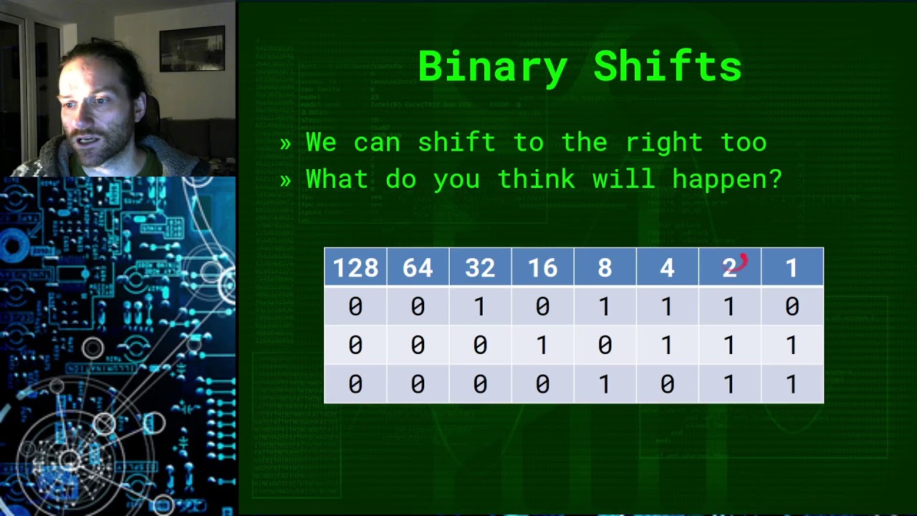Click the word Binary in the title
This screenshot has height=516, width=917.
[x=491, y=67]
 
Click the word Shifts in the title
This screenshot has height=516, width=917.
[x=668, y=67]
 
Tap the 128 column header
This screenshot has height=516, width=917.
[x=355, y=268]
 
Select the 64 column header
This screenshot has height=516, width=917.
[x=418, y=268]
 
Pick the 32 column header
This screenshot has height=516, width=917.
[x=480, y=268]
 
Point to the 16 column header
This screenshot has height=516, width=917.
[x=542, y=268]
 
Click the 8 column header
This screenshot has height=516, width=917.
[x=605, y=268]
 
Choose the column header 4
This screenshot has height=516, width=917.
[x=667, y=268]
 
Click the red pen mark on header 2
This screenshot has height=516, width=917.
[x=741, y=262]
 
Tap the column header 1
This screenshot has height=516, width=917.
[x=792, y=268]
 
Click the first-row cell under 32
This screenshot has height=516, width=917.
[x=480, y=307]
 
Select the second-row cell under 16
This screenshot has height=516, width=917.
[x=542, y=345]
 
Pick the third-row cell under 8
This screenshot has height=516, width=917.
[x=605, y=385]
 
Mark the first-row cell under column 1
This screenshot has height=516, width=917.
[x=792, y=307]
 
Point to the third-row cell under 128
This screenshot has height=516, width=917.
[x=355, y=385]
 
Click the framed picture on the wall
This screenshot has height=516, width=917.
[x=192, y=48]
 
